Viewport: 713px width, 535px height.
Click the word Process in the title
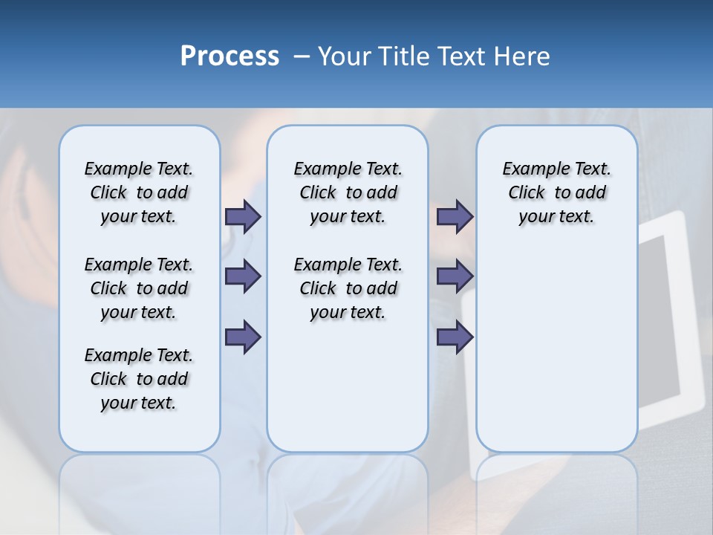point(229,56)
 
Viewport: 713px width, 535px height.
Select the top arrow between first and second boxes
point(243,217)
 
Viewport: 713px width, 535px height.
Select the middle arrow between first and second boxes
point(243,277)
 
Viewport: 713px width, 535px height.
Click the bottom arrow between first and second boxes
point(243,337)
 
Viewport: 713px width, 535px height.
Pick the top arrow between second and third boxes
point(455,217)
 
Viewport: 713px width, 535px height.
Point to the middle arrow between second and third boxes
point(455,277)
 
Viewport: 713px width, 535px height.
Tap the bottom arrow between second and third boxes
point(455,337)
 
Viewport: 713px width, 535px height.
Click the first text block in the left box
point(139,192)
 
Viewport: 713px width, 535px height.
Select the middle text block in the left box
point(139,288)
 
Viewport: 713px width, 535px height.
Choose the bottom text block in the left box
point(139,379)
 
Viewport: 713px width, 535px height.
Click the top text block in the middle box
point(348,192)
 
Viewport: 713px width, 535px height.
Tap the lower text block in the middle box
point(348,288)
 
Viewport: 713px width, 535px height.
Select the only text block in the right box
point(556,192)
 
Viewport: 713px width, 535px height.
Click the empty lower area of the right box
point(556,349)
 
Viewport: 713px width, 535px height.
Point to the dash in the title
point(302,56)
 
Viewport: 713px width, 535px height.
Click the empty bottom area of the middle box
point(348,394)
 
